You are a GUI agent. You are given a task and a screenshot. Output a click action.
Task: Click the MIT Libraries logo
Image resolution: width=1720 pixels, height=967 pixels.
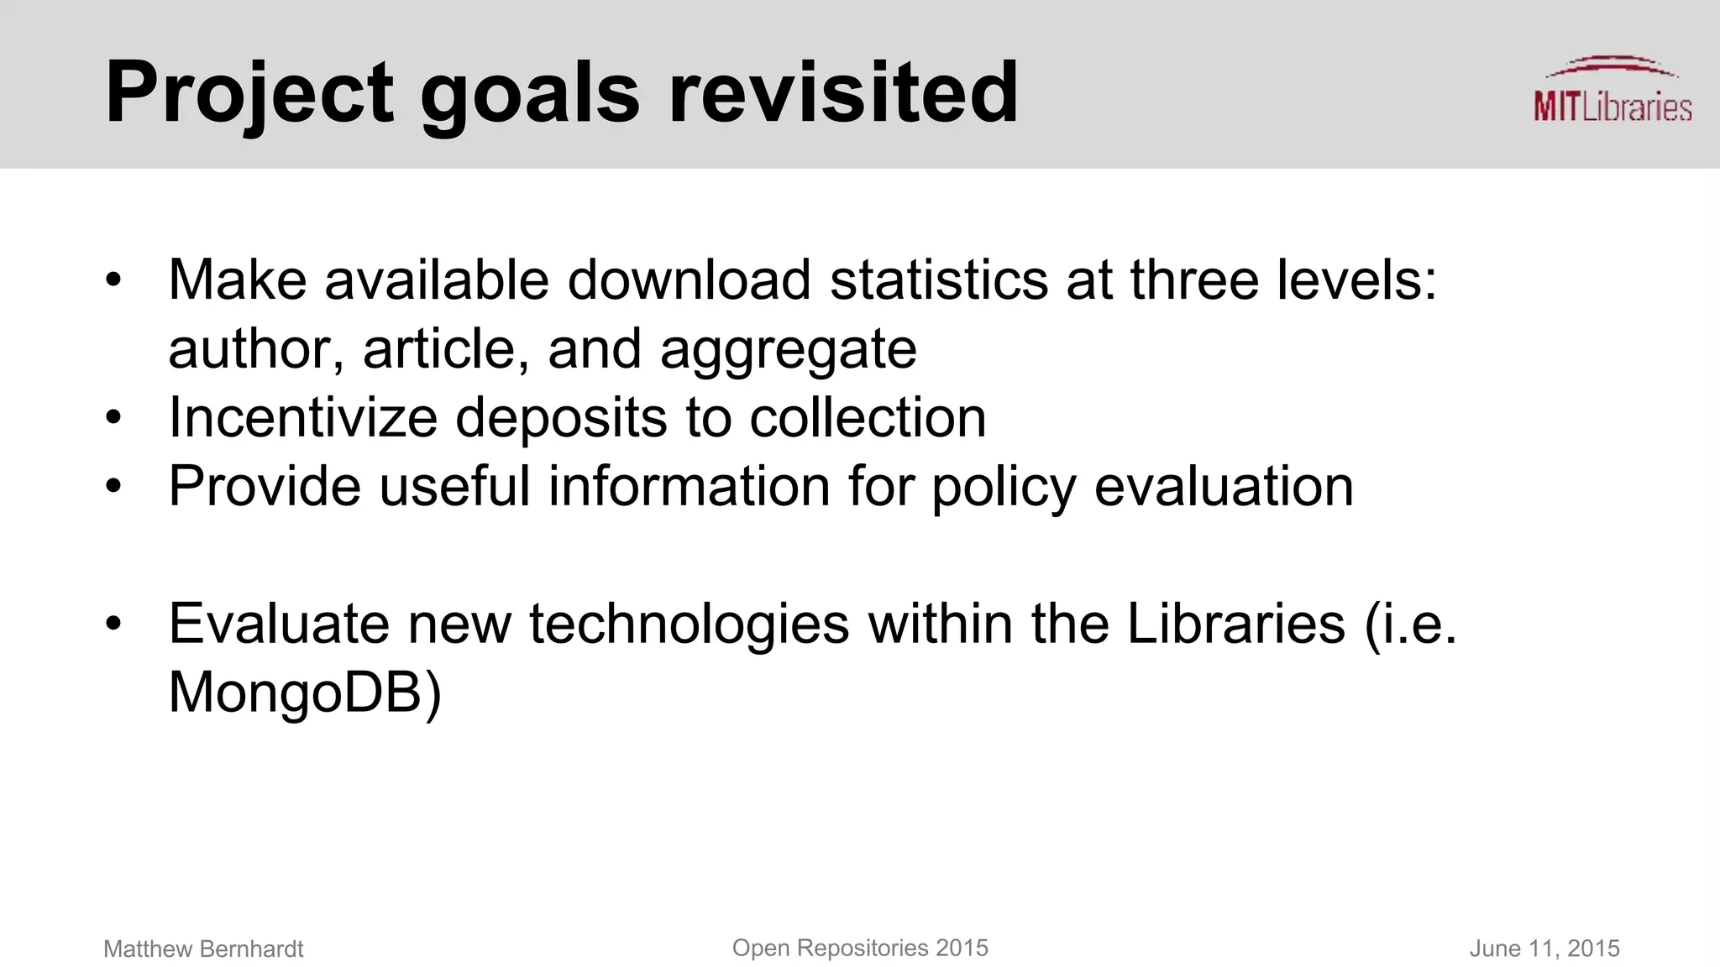point(1612,91)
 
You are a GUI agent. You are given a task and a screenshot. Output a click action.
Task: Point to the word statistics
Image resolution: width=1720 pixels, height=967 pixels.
point(938,280)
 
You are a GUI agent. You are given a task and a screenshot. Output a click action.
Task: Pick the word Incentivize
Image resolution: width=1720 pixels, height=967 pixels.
point(302,417)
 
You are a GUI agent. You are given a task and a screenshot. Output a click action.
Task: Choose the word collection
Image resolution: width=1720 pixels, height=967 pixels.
point(867,417)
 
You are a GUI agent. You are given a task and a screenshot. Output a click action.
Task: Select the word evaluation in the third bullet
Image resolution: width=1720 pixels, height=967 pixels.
point(1224,486)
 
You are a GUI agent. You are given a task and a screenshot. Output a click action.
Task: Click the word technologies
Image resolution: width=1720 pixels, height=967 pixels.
point(689,625)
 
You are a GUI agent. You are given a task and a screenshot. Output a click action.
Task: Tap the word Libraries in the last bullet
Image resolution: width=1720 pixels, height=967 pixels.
point(1235,624)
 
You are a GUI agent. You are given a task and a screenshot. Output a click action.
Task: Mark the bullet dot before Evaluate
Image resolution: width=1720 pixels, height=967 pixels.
point(114,624)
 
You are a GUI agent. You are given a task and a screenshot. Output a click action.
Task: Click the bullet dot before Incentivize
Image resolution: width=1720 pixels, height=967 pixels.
point(114,417)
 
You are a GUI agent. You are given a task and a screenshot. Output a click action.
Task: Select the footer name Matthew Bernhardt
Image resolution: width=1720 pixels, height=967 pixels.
point(203,949)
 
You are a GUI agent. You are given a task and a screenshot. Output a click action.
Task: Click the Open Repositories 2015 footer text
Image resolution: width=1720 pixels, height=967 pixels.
point(860,948)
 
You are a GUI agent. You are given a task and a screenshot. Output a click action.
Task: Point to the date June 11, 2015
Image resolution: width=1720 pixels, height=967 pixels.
point(1544,949)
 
